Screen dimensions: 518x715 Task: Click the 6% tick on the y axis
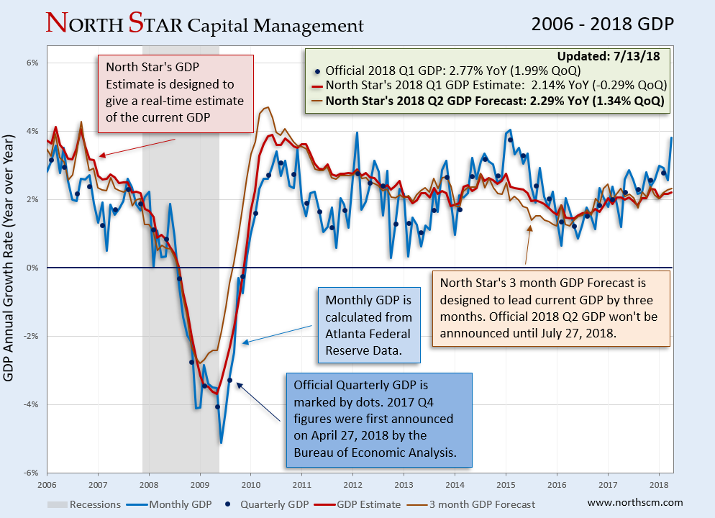(33, 63)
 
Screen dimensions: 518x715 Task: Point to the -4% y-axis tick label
(32, 404)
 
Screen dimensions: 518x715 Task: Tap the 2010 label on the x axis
(251, 485)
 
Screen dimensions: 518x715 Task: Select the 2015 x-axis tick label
(506, 485)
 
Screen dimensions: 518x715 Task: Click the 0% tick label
(33, 268)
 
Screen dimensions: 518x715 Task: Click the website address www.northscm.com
(635, 502)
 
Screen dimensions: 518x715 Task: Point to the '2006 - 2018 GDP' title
(602, 24)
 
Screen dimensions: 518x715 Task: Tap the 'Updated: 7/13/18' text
(614, 56)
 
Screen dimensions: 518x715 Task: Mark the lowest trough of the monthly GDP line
(221, 442)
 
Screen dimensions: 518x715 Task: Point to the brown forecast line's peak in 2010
(267, 107)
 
